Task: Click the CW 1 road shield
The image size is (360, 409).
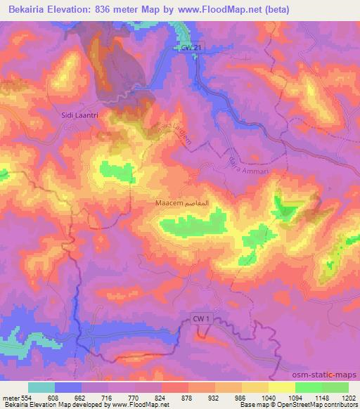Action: pos(202,319)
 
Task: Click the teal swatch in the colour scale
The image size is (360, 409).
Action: pos(41,387)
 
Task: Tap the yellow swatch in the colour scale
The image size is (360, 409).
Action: pos(281,387)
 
